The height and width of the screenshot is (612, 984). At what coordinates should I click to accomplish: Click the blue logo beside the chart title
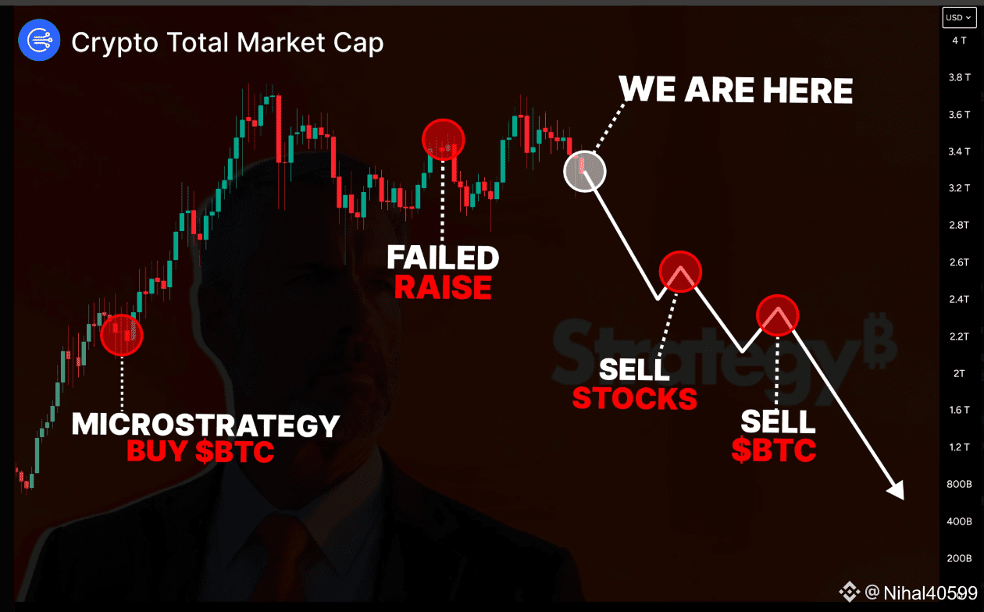[x=39, y=41]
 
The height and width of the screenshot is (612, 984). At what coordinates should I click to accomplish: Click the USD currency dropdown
[x=959, y=17]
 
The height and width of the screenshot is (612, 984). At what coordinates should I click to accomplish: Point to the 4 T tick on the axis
[x=959, y=41]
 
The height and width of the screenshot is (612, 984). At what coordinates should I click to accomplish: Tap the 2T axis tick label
[x=959, y=374]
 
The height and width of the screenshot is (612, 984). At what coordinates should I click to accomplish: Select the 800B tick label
[x=959, y=484]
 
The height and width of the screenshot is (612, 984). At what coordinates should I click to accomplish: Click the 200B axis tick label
[x=959, y=558]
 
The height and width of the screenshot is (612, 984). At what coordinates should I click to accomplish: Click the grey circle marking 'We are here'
[x=585, y=171]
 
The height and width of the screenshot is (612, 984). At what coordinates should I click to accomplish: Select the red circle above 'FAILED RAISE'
[x=443, y=140]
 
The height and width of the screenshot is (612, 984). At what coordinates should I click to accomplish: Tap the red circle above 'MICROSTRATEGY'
[x=122, y=335]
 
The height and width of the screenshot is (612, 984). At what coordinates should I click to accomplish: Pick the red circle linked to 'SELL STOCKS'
[x=680, y=272]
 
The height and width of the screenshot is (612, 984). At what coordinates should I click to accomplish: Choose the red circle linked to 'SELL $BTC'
[x=778, y=315]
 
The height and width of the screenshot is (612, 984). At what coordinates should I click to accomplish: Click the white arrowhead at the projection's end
[x=897, y=491]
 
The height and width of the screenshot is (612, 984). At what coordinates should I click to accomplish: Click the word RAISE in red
[x=443, y=287]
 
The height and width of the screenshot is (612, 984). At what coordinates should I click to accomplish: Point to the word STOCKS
[x=634, y=399]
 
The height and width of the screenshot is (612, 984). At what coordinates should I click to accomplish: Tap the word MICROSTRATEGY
[x=205, y=425]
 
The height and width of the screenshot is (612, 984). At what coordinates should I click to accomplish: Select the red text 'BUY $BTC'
[x=200, y=451]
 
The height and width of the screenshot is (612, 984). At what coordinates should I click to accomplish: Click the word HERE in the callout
[x=808, y=91]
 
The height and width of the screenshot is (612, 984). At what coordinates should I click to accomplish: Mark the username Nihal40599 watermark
[x=930, y=592]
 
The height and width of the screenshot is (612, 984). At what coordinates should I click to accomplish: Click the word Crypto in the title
[x=115, y=43]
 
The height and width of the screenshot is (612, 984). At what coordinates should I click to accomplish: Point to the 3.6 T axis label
[x=959, y=115]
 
